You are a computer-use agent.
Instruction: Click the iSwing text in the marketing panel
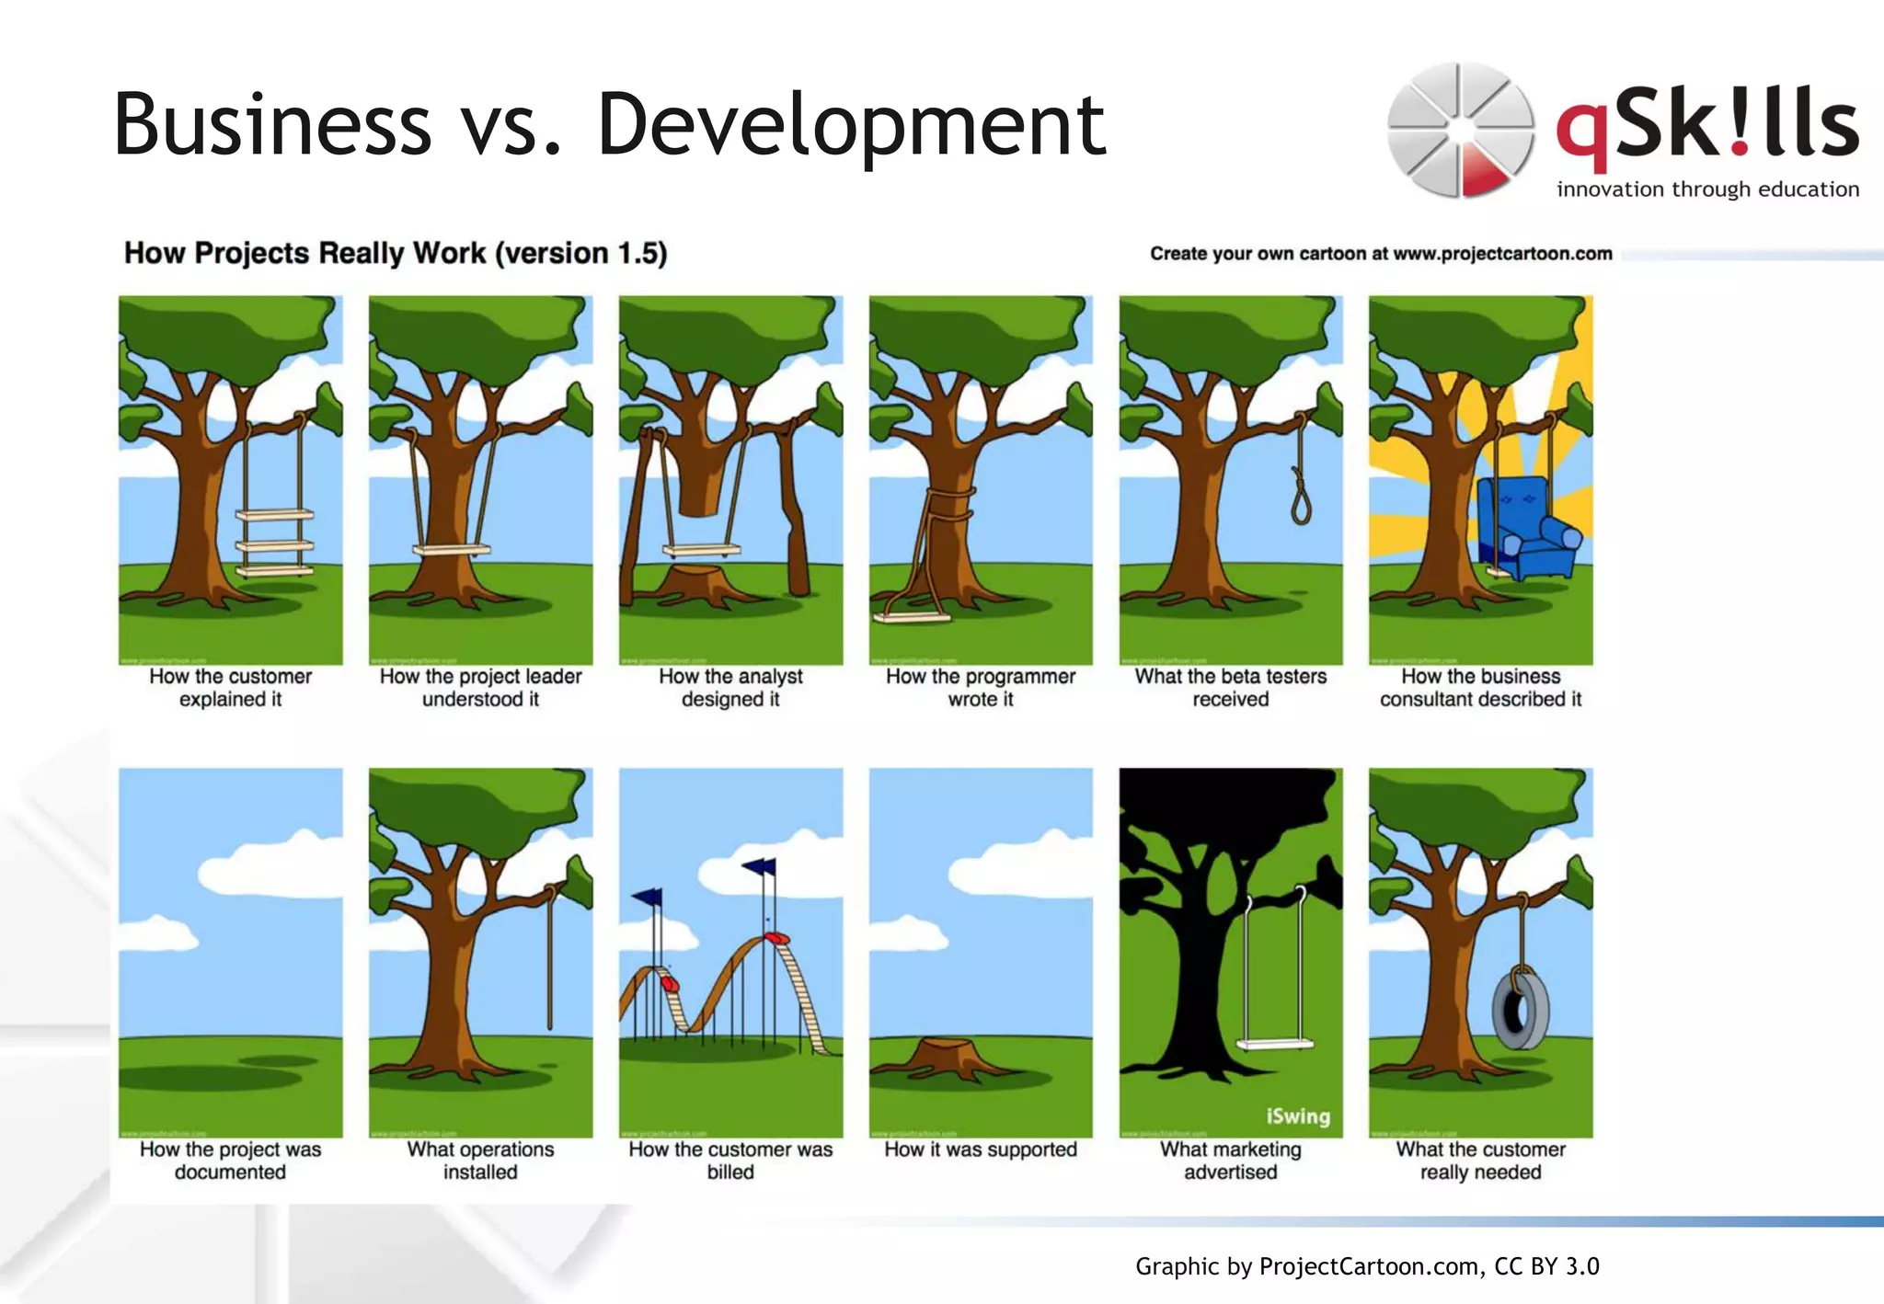pyautogui.click(x=1298, y=1116)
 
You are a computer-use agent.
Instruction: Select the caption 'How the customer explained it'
pyautogui.click(x=230, y=688)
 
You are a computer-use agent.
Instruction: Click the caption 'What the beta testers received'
pyautogui.click(x=1231, y=688)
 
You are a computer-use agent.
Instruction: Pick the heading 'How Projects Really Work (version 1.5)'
pyautogui.click(x=396, y=253)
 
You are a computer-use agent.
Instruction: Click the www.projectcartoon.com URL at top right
pyautogui.click(x=1502, y=254)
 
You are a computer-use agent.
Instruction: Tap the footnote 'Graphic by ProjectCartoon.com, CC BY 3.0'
pyautogui.click(x=1367, y=1266)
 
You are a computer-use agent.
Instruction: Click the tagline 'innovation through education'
pyautogui.click(x=1707, y=189)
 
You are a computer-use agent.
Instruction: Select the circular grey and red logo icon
pyautogui.click(x=1460, y=130)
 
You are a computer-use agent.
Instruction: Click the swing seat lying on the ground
pyautogui.click(x=912, y=617)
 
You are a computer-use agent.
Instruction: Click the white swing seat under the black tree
pyautogui.click(x=1275, y=1044)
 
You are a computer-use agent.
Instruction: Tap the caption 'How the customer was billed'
pyautogui.click(x=730, y=1161)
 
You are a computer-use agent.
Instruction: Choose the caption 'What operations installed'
pyautogui.click(x=480, y=1161)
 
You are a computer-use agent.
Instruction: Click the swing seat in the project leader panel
pyautogui.click(x=451, y=550)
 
